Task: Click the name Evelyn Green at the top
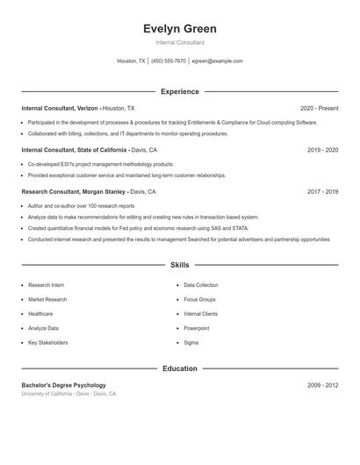[179, 28]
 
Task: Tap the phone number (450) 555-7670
[169, 61]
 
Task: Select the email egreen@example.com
[217, 61]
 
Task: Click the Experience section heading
[179, 91]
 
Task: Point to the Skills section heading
[179, 264]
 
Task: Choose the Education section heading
[179, 368]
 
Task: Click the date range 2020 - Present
[319, 108]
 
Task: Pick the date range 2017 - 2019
[322, 191]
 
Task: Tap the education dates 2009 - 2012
[322, 385]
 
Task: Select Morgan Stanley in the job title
[104, 191]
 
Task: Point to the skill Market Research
[47, 299]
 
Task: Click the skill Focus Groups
[200, 299]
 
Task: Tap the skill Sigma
[191, 342]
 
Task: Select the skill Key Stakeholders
[47, 342]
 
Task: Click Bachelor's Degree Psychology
[63, 385]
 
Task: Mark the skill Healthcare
[40, 313]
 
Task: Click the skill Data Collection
[201, 285]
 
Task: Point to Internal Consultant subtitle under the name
[179, 42]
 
